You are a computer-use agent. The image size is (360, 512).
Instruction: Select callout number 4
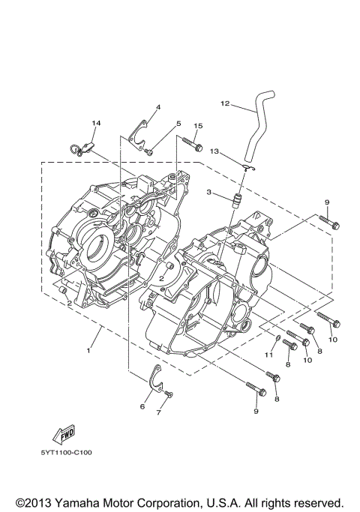[157, 108]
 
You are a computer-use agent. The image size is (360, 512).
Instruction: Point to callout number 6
[142, 406]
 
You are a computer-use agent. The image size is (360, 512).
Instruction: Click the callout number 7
[158, 412]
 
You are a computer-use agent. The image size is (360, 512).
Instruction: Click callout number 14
[95, 122]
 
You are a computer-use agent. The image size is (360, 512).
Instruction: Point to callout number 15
[198, 126]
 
